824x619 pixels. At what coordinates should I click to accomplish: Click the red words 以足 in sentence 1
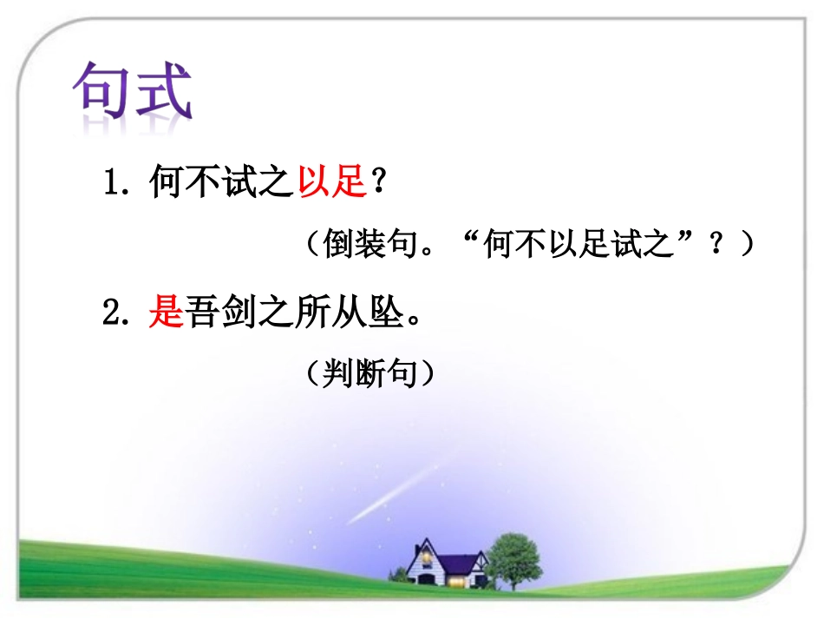[330, 183]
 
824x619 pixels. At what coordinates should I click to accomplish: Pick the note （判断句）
[369, 374]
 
